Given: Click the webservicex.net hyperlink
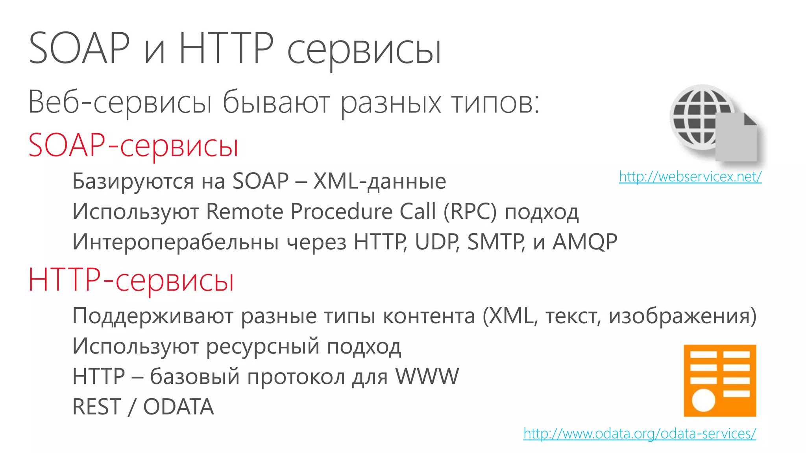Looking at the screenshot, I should coord(690,177).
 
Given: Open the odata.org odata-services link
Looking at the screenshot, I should coord(640,433).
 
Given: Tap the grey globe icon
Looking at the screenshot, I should coord(702,117).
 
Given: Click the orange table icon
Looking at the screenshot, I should coord(719,380).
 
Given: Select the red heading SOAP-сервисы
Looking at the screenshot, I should coord(133,145).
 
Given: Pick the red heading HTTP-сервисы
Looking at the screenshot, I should coord(131,280).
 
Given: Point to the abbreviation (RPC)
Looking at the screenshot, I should coord(470,212).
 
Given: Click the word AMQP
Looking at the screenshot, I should coord(585,241).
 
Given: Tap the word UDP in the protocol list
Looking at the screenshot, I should coord(436,241).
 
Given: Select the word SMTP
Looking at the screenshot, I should coord(495,241).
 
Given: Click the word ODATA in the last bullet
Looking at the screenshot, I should coord(178,407).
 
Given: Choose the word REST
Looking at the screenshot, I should coord(97,407).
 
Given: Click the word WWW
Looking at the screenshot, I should coord(427,376).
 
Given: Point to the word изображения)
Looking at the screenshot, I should coord(682,316).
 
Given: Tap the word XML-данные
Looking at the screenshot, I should coord(379,181).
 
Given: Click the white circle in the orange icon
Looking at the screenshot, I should coord(703,401).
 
